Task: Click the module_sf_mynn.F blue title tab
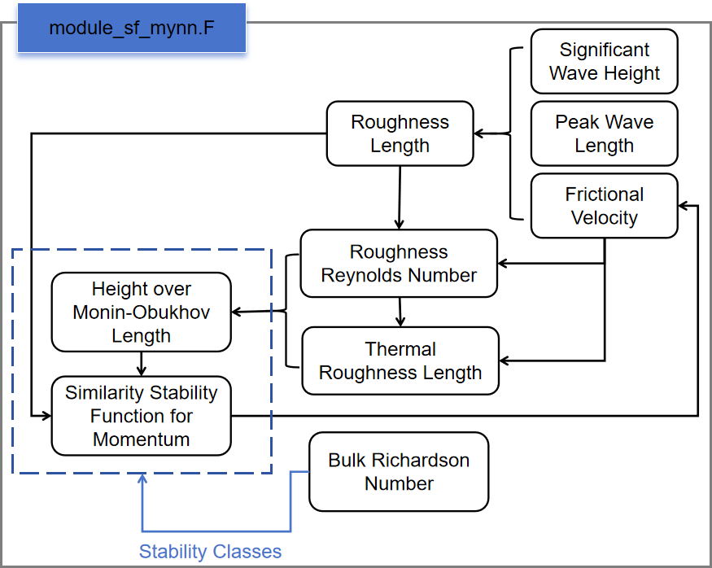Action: click(132, 28)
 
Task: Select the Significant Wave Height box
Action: click(604, 61)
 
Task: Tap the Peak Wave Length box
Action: click(604, 133)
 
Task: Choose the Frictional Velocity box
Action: click(604, 206)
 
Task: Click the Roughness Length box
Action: click(400, 133)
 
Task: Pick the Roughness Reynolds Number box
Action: click(399, 264)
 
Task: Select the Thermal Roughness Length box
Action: click(400, 360)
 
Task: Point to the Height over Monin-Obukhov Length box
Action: click(141, 312)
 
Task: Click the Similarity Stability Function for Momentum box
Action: click(141, 416)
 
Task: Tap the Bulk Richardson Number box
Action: click(399, 472)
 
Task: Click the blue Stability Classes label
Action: click(210, 552)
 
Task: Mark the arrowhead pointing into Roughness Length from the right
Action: click(480, 133)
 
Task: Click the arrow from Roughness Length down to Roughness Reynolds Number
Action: click(399, 195)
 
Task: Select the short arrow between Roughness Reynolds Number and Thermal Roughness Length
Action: click(400, 312)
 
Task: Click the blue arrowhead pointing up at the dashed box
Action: click(142, 480)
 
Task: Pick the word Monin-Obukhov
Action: click(141, 312)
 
